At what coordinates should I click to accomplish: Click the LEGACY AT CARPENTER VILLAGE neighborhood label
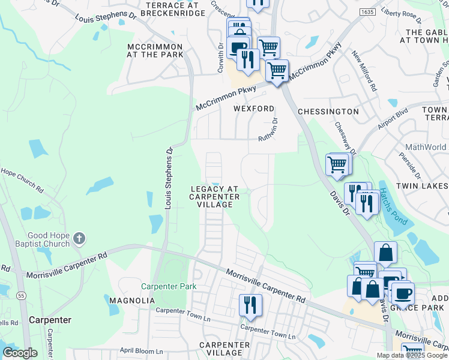coord(215,196)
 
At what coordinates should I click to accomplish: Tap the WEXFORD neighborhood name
coord(254,109)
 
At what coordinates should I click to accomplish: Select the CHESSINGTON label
coord(328,112)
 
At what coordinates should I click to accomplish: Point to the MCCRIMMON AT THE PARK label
coord(155,50)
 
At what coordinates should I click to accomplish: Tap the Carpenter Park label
coord(169,286)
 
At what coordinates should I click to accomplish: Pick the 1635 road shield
coord(367,11)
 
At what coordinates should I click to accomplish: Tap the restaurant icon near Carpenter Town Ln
coord(250,305)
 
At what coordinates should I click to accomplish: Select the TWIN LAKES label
coord(423,187)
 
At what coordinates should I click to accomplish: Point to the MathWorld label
coord(426,147)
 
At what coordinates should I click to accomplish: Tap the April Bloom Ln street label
coord(142,350)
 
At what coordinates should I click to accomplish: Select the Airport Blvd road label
coord(393,118)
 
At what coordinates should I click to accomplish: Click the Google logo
coord(20,353)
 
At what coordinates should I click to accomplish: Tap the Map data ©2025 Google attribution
coord(411,355)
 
